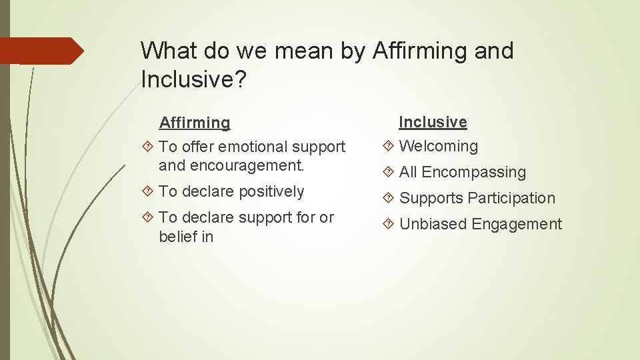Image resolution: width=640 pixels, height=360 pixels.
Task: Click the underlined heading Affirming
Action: click(194, 123)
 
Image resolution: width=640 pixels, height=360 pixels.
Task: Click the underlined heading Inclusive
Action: click(433, 122)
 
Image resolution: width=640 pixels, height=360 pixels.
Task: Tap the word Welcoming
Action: click(438, 146)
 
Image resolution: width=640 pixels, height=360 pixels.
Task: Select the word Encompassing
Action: click(473, 173)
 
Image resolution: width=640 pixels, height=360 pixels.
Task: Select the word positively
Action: click(271, 192)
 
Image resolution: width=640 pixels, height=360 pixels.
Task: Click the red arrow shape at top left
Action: click(40, 51)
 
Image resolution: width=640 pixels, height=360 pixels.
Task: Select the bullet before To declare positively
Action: click(149, 192)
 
